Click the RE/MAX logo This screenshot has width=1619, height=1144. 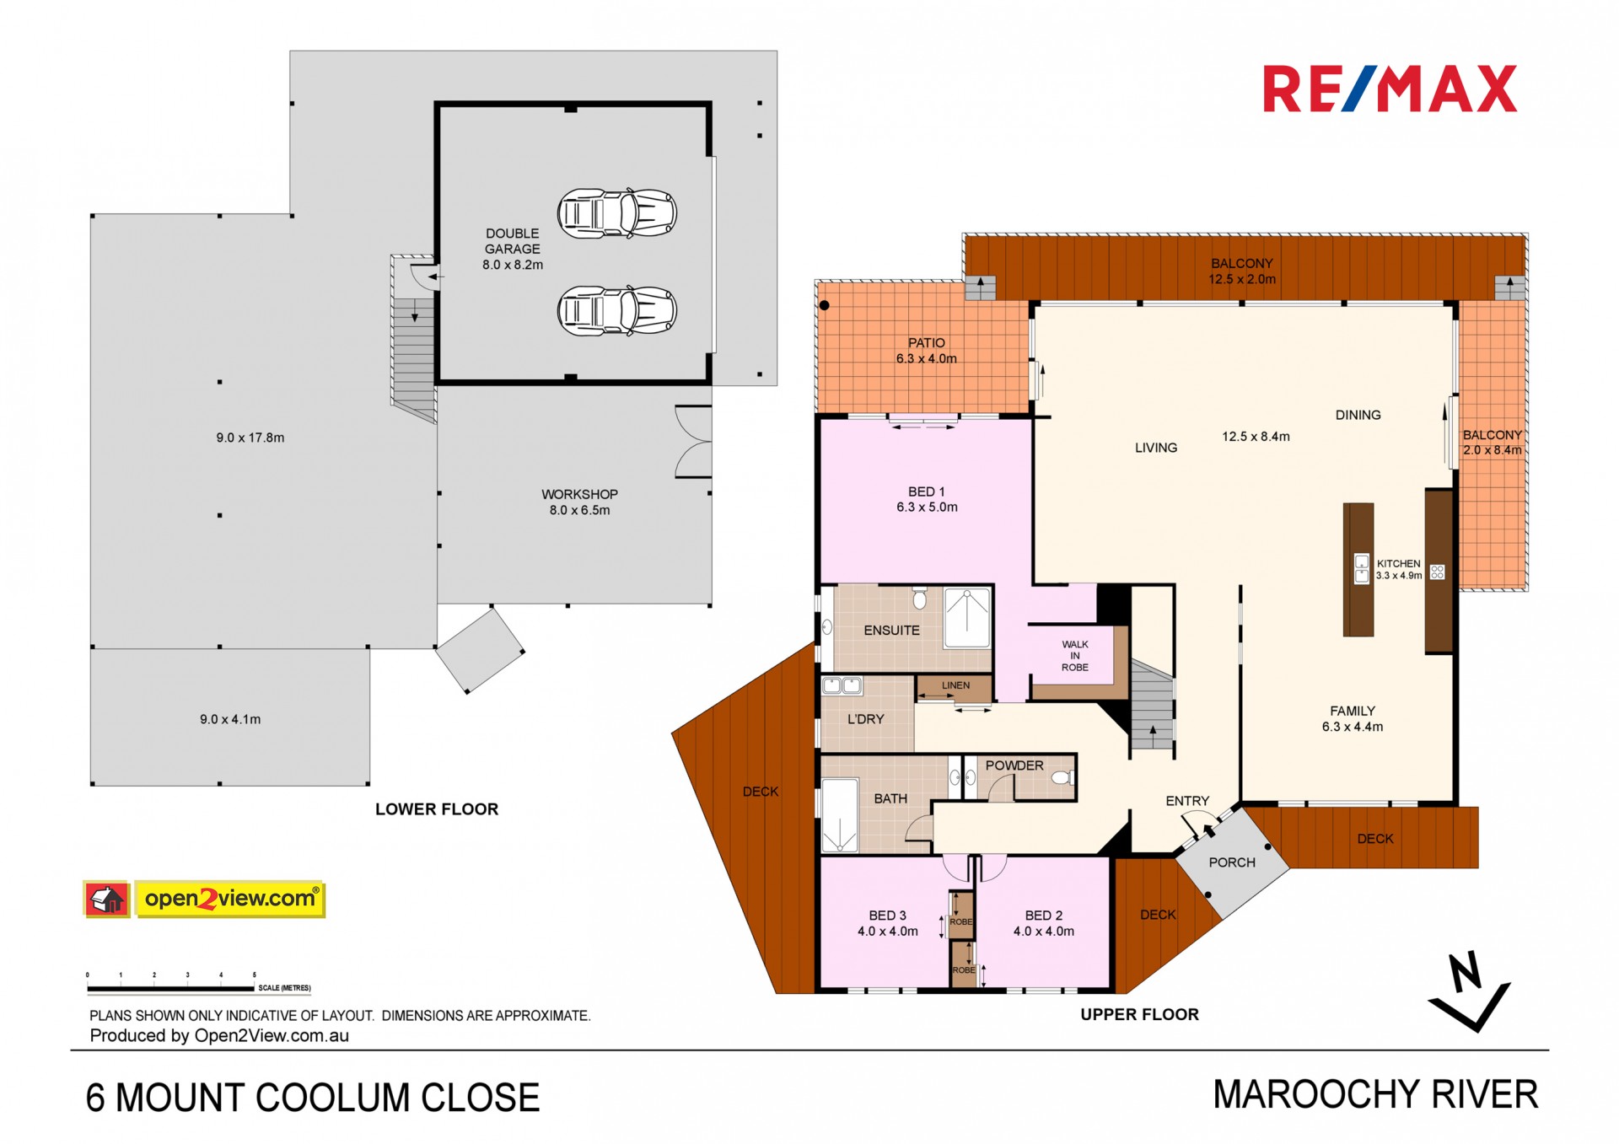(1390, 89)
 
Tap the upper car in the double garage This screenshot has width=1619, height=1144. (617, 212)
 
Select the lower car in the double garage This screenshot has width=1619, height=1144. (617, 311)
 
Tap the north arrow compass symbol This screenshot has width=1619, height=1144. (1469, 991)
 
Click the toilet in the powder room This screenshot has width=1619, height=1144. (1062, 777)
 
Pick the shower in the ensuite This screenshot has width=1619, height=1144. (966, 618)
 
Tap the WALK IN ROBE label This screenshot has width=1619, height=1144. (1075, 656)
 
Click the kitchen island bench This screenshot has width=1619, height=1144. (1358, 570)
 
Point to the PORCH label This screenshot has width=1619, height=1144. (1232, 862)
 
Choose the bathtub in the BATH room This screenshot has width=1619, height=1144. (839, 815)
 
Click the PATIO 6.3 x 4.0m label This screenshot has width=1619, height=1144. (926, 351)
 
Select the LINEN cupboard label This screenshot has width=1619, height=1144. (955, 685)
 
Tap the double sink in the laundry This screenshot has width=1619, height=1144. (842, 685)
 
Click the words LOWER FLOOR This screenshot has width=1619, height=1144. (437, 809)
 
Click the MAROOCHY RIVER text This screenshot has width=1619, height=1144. (1375, 1094)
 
